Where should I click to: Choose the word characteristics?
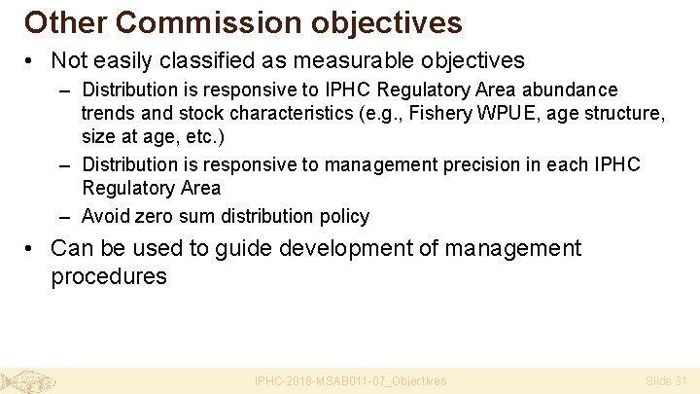tap(267, 113)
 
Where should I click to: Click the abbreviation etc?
tap(198, 136)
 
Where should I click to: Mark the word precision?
tap(477, 164)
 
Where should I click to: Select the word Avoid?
tap(105, 215)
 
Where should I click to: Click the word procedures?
tap(108, 276)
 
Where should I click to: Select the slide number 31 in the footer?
tap(680, 381)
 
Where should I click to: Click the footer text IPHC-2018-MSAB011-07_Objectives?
tap(350, 381)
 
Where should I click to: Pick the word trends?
tap(108, 113)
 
